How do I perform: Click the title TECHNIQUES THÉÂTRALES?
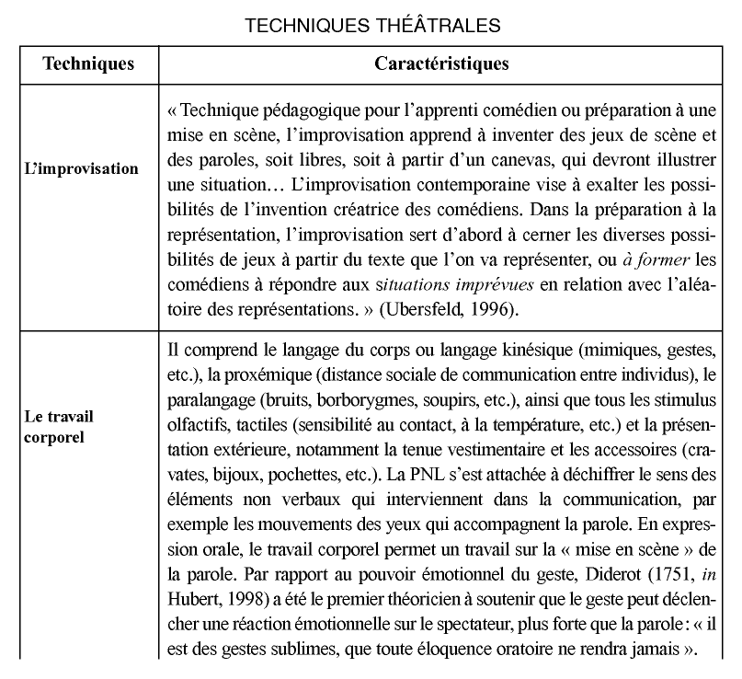coord(372,26)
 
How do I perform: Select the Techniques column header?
coord(89,64)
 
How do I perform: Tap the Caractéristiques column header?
coord(442,64)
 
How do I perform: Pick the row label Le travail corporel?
coord(59,426)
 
